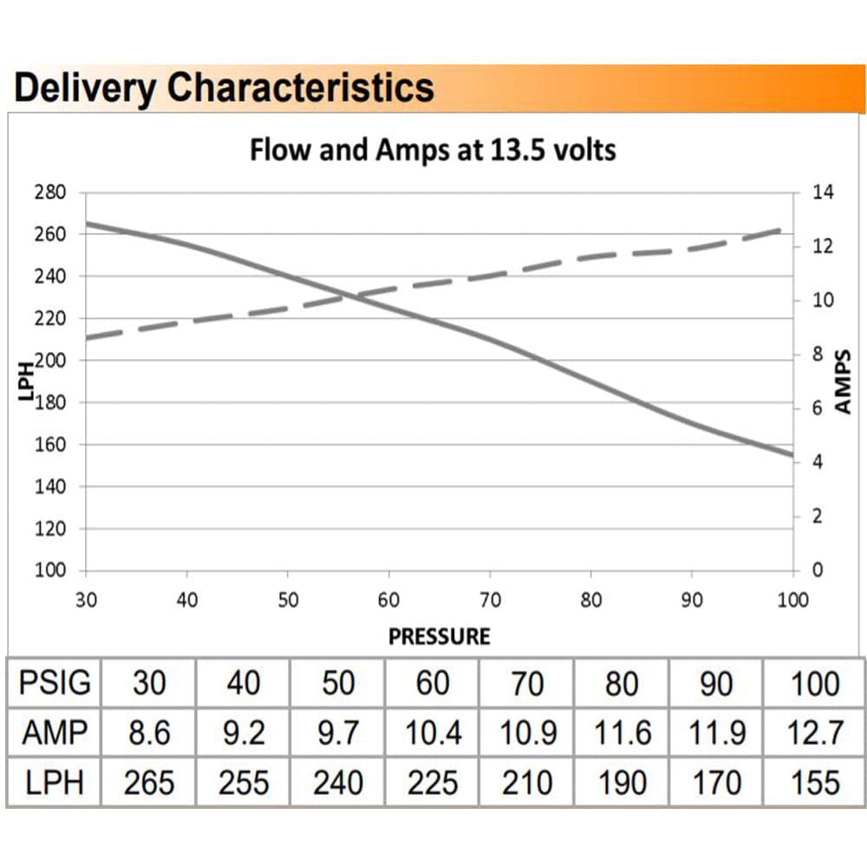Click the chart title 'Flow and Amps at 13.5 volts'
click(433, 150)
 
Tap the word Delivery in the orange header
click(84, 88)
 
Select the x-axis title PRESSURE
click(439, 636)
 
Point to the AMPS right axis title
click(844, 381)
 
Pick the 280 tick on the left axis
click(49, 192)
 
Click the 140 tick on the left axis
click(49, 486)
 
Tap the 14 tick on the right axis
click(823, 192)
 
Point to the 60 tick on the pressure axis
click(388, 600)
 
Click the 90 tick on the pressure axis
click(691, 600)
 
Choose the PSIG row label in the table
click(54, 683)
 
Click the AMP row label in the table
click(54, 733)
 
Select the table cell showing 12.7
click(815, 733)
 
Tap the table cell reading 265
click(148, 783)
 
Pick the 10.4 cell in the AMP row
click(433, 733)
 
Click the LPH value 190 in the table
click(622, 783)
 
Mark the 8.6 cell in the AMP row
click(148, 733)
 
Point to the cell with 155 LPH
click(815, 783)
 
